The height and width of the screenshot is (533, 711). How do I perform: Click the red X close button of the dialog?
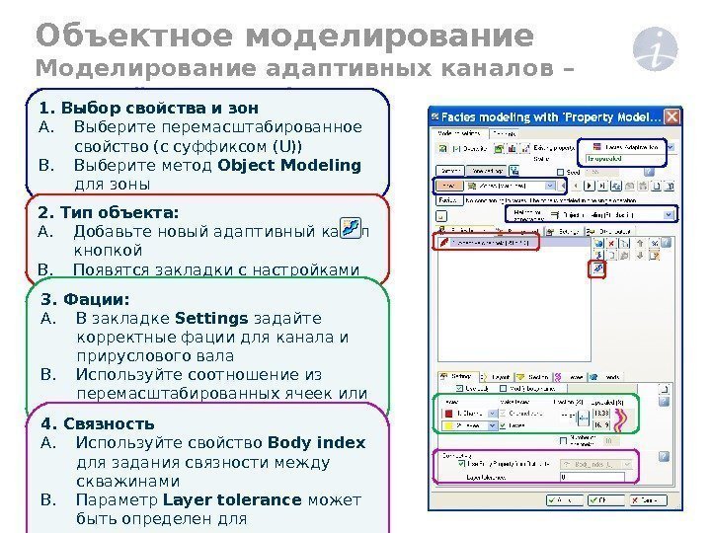click(x=672, y=114)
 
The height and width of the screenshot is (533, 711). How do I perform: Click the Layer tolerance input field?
click(x=602, y=477)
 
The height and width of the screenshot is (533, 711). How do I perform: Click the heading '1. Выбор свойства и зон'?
click(x=148, y=107)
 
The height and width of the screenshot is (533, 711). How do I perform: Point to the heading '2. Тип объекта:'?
click(x=109, y=212)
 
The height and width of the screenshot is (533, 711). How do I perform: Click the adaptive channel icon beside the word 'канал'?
click(x=349, y=229)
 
